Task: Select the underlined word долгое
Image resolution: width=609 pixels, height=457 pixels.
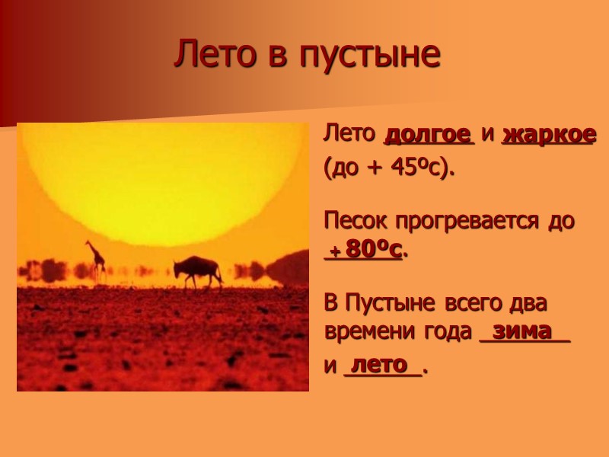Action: point(428,136)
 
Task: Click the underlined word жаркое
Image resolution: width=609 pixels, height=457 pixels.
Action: point(549,136)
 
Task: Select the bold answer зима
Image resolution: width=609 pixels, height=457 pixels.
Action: point(522,331)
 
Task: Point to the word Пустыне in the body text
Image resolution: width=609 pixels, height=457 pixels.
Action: point(388,302)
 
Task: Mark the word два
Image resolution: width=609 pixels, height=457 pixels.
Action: point(529,302)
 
